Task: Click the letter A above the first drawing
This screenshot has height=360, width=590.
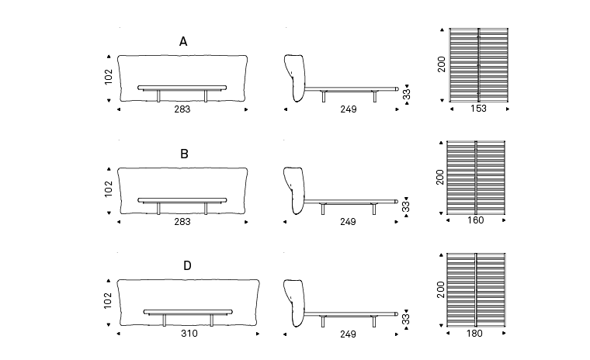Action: click(183, 42)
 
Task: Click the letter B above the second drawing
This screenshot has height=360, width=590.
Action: click(184, 154)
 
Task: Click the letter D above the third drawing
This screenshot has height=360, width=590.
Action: click(187, 266)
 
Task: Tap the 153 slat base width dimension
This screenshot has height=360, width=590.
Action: click(478, 109)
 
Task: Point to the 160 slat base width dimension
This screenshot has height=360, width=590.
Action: click(476, 221)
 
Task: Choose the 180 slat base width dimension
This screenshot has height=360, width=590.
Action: click(476, 334)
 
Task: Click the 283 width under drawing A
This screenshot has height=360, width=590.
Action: click(182, 109)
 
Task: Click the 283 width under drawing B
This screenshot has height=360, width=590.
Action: click(182, 222)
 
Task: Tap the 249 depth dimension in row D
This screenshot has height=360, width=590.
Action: click(348, 334)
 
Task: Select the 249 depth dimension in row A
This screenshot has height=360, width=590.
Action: click(348, 109)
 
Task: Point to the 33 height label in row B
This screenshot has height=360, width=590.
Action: click(406, 206)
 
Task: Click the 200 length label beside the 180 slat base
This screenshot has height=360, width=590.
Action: click(442, 289)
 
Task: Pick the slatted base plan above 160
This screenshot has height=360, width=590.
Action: click(476, 177)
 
